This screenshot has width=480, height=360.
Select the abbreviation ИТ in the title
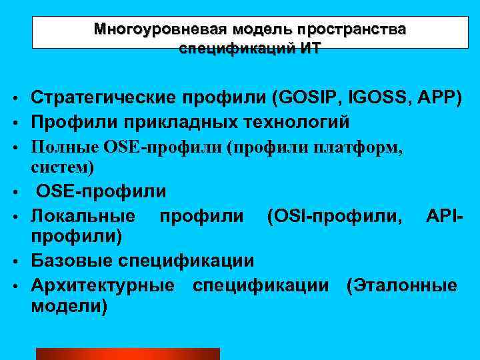[x=309, y=49]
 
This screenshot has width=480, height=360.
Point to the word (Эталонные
[x=401, y=285]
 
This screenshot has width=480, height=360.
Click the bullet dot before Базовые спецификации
[x=13, y=261]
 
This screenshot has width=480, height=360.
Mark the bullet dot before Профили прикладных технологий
[x=13, y=123]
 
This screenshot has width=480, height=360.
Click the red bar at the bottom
[x=127, y=354]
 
